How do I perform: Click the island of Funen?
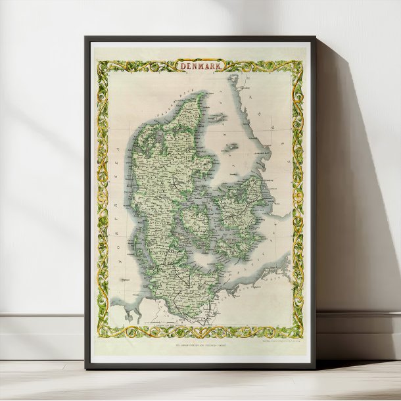[197, 218]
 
